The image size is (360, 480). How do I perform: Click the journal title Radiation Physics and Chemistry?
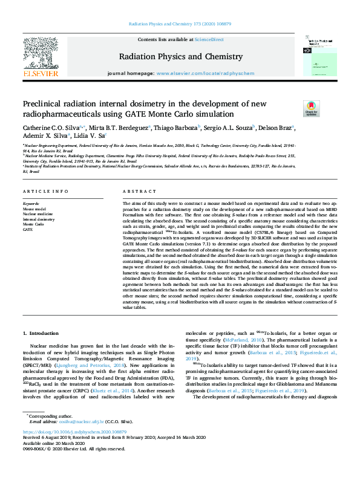[180, 57]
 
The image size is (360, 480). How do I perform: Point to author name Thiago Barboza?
[184, 128]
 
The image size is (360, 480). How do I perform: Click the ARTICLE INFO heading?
[45, 192]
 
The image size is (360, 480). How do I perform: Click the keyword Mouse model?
[34, 209]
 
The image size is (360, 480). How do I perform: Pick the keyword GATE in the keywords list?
[28, 230]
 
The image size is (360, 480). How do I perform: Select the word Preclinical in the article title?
[44, 104]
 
